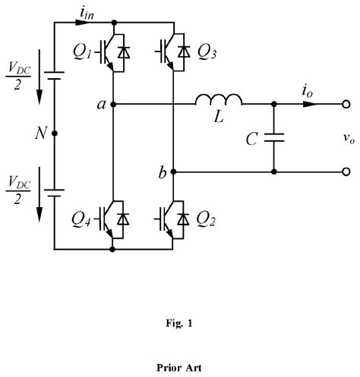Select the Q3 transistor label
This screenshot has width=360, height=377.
(207, 55)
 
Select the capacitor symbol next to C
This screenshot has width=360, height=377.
(273, 137)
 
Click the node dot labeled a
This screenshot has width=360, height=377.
(113, 104)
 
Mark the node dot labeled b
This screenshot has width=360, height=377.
(174, 171)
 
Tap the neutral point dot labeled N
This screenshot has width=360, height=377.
(54, 134)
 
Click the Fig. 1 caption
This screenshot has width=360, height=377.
(180, 322)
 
